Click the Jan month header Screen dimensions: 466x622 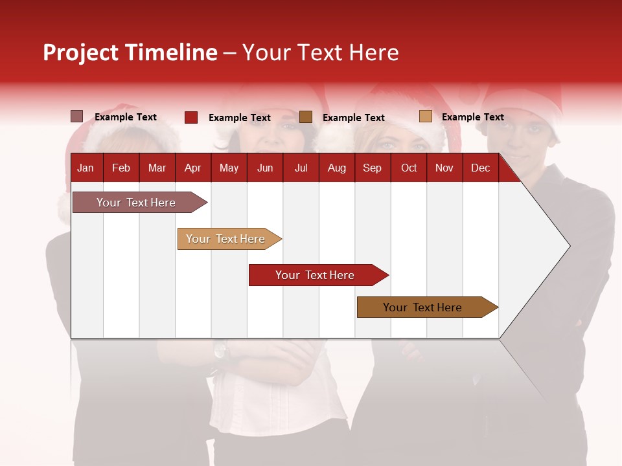pyautogui.click(x=86, y=168)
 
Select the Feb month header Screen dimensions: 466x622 pyautogui.click(x=121, y=168)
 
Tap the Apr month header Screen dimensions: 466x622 pyautogui.click(x=192, y=168)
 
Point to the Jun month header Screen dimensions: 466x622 pyautogui.click(x=265, y=168)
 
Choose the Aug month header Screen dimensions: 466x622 pyautogui.click(x=337, y=168)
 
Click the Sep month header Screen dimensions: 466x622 pyautogui.click(x=372, y=168)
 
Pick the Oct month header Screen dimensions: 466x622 pyautogui.click(x=409, y=168)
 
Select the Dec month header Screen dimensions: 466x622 pyautogui.click(x=480, y=168)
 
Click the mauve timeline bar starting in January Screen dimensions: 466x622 pyautogui.click(x=136, y=203)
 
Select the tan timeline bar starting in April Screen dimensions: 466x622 pyautogui.click(x=225, y=239)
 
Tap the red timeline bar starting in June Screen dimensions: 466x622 pyautogui.click(x=315, y=275)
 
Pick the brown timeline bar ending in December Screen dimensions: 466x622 pyautogui.click(x=422, y=307)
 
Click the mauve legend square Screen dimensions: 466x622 pyautogui.click(x=76, y=116)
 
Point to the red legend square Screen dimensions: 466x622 pyautogui.click(x=191, y=117)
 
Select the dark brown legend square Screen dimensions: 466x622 pyautogui.click(x=306, y=117)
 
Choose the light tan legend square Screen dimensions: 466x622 pyautogui.click(x=425, y=116)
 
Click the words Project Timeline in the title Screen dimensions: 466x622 pyautogui.click(x=130, y=52)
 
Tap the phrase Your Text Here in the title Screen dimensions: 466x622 pyautogui.click(x=320, y=52)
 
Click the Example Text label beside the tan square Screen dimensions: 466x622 pyautogui.click(x=472, y=117)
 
